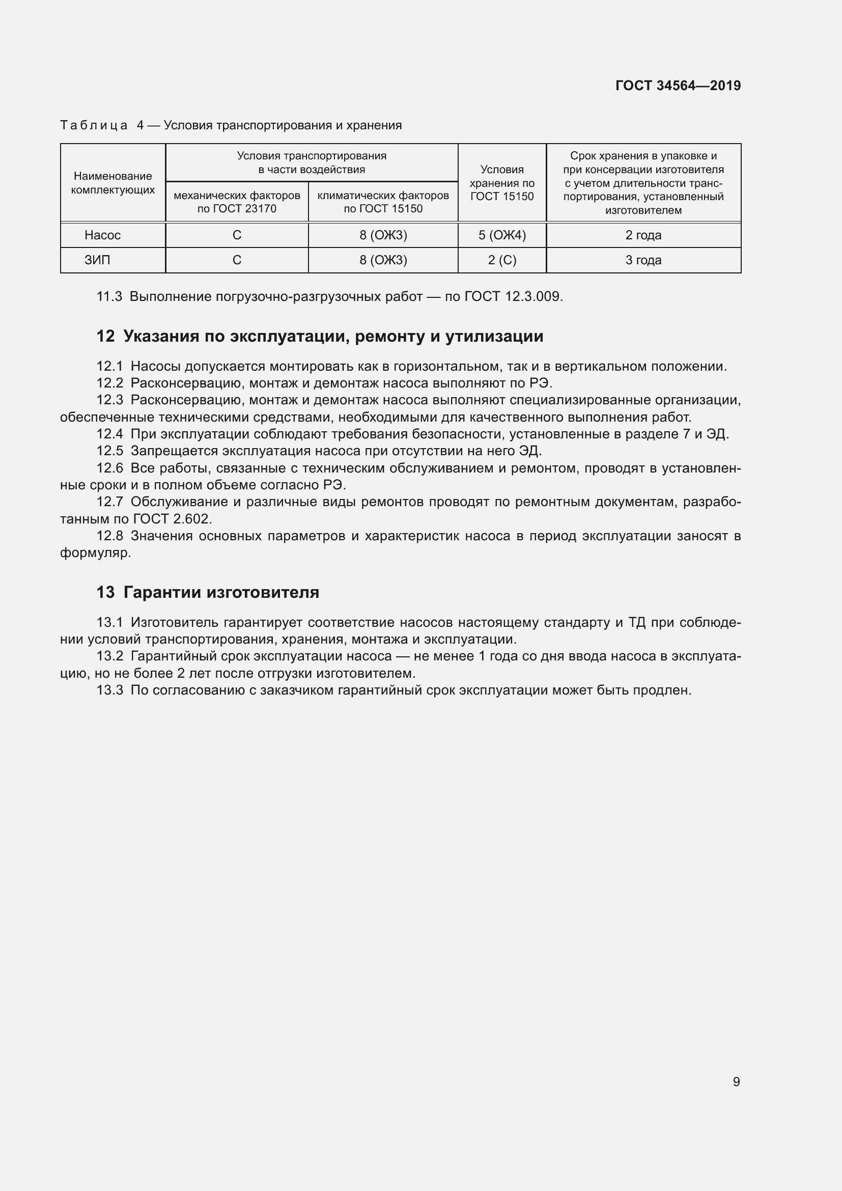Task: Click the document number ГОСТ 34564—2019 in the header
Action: [x=678, y=86]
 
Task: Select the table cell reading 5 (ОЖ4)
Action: [x=502, y=235]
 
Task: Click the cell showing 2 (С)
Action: [x=502, y=260]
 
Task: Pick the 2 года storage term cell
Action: [x=643, y=235]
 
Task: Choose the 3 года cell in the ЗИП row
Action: [x=643, y=260]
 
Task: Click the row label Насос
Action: [x=103, y=235]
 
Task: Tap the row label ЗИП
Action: [x=97, y=260]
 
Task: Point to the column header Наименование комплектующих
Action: [x=113, y=183]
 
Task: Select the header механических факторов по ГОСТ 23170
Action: [x=237, y=202]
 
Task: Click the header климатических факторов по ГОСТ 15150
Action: [x=383, y=202]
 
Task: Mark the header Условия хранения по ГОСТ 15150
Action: [x=502, y=183]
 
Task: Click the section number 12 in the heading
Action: [x=105, y=336]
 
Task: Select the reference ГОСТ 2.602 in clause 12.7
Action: [x=172, y=519]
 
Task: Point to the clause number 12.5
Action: [x=110, y=451]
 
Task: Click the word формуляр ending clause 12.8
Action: [x=94, y=553]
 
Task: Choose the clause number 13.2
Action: [x=110, y=656]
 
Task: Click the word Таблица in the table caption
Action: [x=94, y=126]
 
